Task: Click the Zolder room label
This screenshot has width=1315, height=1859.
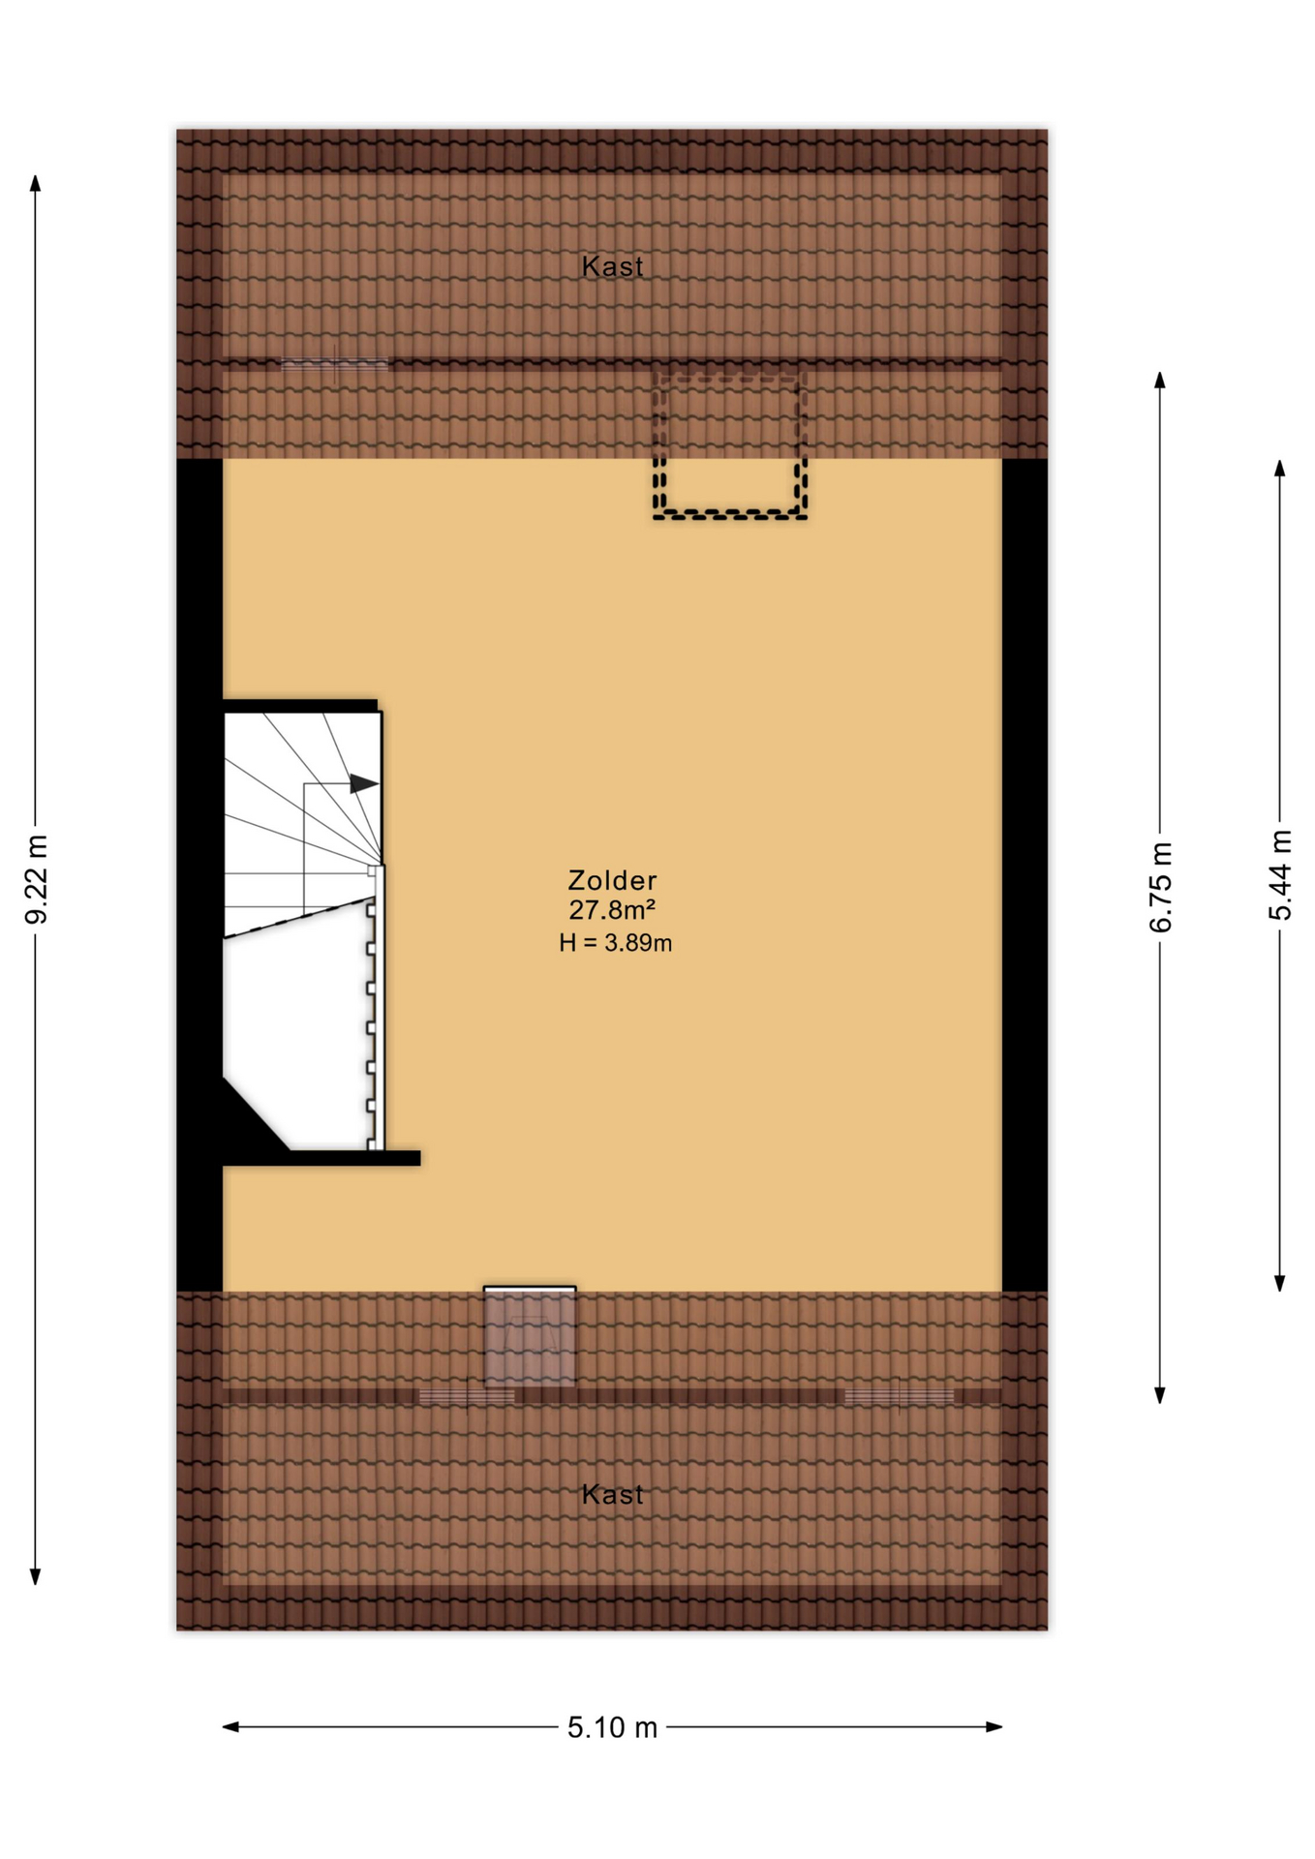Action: click(x=612, y=880)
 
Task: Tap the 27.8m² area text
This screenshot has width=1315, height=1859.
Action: click(x=612, y=910)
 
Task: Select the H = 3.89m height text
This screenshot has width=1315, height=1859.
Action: click(x=615, y=943)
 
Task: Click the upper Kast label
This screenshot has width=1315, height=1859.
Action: click(x=612, y=266)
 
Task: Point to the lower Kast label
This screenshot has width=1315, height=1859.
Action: click(x=612, y=1494)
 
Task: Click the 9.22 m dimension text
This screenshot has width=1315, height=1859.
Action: click(x=37, y=879)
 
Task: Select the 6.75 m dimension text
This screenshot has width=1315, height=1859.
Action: click(x=1160, y=887)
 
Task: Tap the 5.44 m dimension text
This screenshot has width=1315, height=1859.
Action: click(x=1280, y=875)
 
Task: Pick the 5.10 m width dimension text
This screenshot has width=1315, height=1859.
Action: click(x=612, y=1727)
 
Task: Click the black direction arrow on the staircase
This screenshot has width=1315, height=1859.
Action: click(x=363, y=783)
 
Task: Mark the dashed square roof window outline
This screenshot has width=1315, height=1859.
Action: click(x=729, y=444)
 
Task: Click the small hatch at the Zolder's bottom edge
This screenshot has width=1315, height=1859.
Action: click(x=530, y=1336)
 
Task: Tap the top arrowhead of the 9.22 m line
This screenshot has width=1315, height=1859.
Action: click(x=35, y=183)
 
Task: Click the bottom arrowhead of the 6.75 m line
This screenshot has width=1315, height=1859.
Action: click(x=1160, y=1395)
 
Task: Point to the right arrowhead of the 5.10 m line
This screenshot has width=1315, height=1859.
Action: click(x=994, y=1726)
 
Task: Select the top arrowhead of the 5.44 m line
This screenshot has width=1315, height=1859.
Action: click(x=1279, y=469)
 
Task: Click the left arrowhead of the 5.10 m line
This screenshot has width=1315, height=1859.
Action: click(x=231, y=1726)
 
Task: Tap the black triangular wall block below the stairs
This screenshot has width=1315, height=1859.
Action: click(x=248, y=1120)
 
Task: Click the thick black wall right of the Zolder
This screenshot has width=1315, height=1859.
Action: click(x=1024, y=874)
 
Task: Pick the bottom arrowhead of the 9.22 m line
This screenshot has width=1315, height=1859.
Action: click(x=35, y=1576)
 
